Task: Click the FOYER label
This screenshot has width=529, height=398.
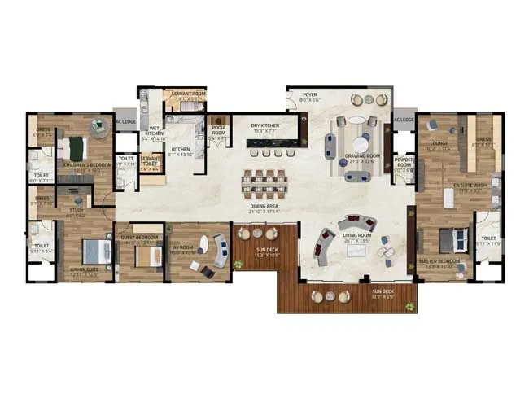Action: (x=310, y=94)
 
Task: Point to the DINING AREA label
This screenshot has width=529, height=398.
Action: (x=265, y=206)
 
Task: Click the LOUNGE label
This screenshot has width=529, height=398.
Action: (x=439, y=144)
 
